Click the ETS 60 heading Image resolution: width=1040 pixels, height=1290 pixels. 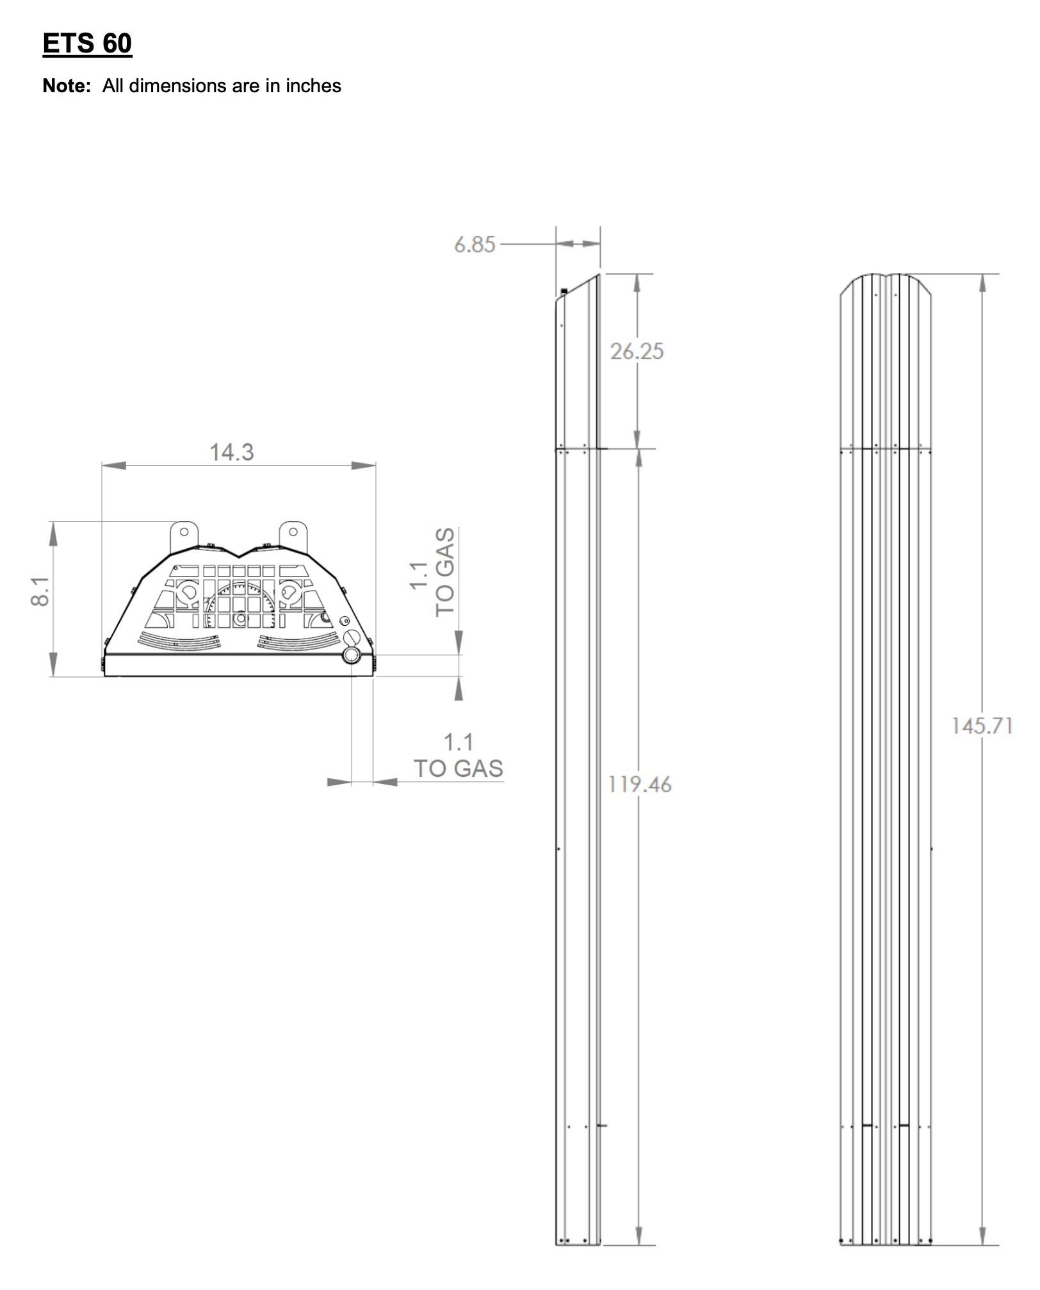(87, 44)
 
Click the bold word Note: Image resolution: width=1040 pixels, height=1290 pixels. (67, 86)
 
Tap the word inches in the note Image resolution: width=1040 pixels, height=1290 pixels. (313, 86)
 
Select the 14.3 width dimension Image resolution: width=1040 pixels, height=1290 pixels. (232, 453)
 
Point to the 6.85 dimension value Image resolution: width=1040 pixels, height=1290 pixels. (475, 245)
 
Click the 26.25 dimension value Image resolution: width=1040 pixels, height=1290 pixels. (637, 352)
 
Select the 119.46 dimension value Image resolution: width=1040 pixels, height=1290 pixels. (640, 785)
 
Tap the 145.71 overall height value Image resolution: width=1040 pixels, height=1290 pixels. (982, 726)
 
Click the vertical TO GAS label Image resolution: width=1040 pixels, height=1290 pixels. (444, 572)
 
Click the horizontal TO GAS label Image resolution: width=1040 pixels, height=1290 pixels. (459, 769)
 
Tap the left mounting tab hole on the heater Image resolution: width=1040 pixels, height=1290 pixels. (184, 532)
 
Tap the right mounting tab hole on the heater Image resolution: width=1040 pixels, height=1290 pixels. (293, 532)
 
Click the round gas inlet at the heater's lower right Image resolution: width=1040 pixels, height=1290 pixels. (352, 655)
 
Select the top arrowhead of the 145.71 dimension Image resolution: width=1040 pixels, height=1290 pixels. (982, 282)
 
